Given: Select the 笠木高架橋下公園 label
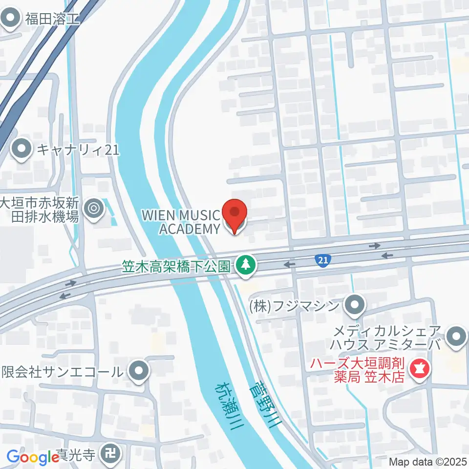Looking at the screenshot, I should point(176,266).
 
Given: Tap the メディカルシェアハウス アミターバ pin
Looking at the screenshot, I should point(457,337).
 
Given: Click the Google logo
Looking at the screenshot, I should point(33,457).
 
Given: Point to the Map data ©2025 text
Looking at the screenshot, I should point(428,462).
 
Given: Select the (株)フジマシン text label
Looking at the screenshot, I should point(293,307).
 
